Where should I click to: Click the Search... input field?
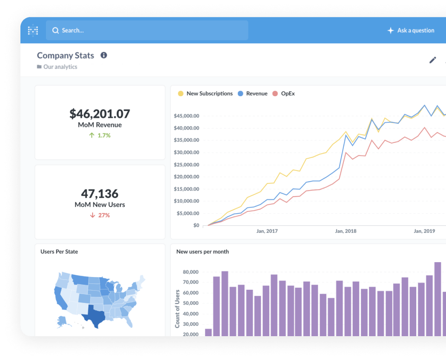[147, 30]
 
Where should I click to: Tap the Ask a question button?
[411, 31]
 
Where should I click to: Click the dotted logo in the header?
[33, 31]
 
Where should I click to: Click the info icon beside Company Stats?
[104, 55]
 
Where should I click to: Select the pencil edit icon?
[433, 60]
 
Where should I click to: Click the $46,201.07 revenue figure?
[100, 114]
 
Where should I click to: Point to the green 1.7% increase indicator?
[100, 135]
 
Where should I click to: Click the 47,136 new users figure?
[100, 194]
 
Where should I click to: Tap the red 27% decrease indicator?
[100, 215]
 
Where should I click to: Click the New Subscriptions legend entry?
[205, 94]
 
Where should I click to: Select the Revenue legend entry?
[253, 94]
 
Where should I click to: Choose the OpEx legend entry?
[283, 94]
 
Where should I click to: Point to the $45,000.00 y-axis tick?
[186, 116]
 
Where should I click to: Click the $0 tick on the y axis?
[196, 225]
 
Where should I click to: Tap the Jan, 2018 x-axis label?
[346, 231]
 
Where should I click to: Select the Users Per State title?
[59, 251]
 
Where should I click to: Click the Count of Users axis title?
[177, 309]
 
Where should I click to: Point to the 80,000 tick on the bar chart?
[191, 272]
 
